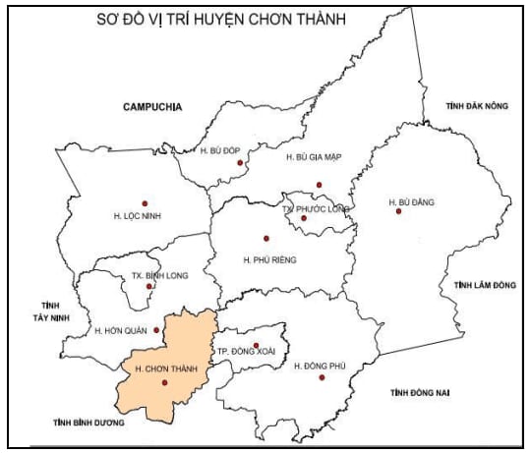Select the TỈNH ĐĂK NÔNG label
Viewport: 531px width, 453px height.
click(476, 105)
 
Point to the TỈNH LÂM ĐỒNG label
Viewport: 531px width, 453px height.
click(485, 285)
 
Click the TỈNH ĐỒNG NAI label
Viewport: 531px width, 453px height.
click(419, 393)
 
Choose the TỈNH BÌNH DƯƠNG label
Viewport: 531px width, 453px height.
click(89, 422)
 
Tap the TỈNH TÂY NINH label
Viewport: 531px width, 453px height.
click(44, 312)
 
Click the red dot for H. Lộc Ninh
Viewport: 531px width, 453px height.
click(145, 202)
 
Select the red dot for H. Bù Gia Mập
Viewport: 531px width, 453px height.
click(319, 185)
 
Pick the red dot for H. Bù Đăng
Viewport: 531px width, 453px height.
click(398, 211)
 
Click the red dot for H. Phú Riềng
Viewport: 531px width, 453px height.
click(265, 238)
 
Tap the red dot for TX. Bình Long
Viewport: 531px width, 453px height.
click(163, 286)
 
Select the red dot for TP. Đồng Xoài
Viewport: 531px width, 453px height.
click(256, 345)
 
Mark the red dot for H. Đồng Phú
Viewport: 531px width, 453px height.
click(324, 376)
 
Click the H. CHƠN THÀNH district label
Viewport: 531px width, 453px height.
click(160, 368)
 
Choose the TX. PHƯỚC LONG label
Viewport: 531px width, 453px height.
click(315, 209)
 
